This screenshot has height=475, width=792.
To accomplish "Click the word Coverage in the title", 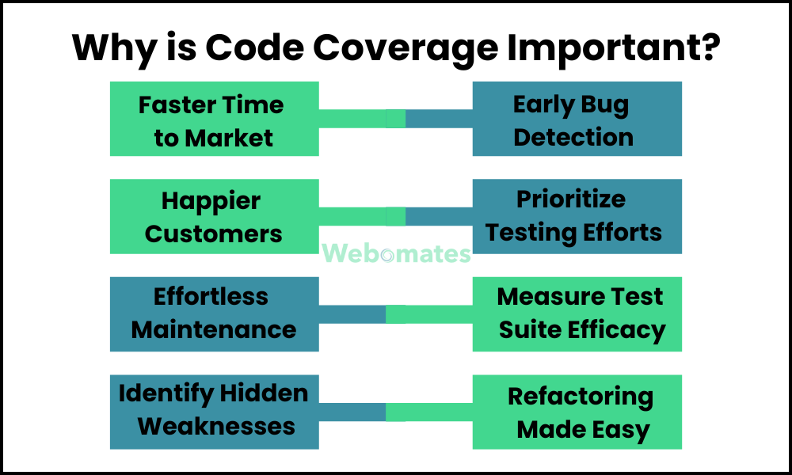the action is pyautogui.click(x=406, y=49).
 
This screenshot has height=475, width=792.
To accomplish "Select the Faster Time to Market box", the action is pyautogui.click(x=214, y=119).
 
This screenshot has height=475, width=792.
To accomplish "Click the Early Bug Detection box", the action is pyautogui.click(x=577, y=119).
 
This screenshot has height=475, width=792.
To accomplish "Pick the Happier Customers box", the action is pyautogui.click(x=214, y=217).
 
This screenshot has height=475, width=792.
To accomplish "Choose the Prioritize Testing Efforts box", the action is pyautogui.click(x=577, y=217).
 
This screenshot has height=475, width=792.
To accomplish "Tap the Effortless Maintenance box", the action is pyautogui.click(x=214, y=314).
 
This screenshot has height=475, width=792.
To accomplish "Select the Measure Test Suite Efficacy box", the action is pyautogui.click(x=577, y=314).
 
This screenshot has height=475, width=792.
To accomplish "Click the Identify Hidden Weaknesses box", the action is pyautogui.click(x=214, y=412).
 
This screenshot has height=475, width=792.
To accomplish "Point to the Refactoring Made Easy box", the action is pyautogui.click(x=577, y=412).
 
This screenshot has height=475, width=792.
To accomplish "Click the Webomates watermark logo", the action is pyautogui.click(x=397, y=253).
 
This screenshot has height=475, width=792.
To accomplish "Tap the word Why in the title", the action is pyautogui.click(x=114, y=49).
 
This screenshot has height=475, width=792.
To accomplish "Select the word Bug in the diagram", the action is pyautogui.click(x=604, y=106).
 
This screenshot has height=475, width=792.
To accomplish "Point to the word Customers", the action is pyautogui.click(x=214, y=234).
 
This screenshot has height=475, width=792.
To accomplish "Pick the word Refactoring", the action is pyautogui.click(x=581, y=397).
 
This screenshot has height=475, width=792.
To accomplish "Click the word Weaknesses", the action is pyautogui.click(x=216, y=427).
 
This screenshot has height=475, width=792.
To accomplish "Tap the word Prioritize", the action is pyautogui.click(x=571, y=199).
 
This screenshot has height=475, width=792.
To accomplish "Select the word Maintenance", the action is pyautogui.click(x=214, y=330).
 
